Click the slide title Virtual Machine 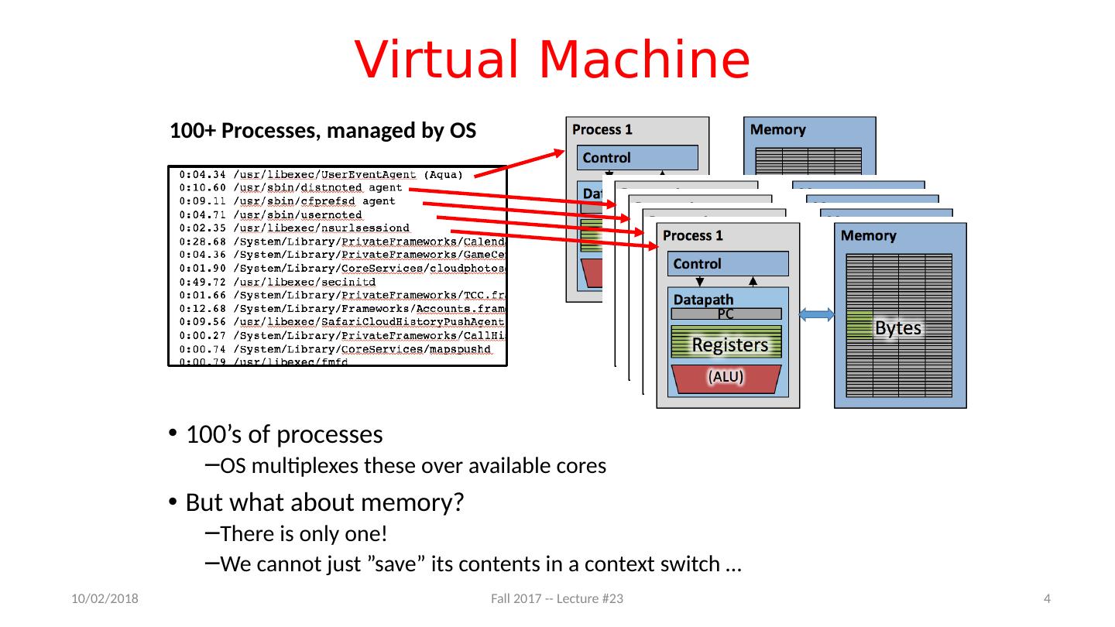[552, 60]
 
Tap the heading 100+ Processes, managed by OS [322, 130]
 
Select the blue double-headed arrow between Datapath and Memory [817, 314]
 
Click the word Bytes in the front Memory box [897, 328]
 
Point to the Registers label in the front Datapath [729, 345]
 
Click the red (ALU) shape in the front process [726, 378]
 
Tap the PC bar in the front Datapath [726, 313]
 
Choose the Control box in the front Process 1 [728, 264]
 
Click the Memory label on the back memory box [779, 129]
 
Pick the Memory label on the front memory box [869, 235]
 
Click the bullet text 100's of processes [284, 434]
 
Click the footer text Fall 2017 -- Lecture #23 [557, 599]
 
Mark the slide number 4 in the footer [1047, 599]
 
